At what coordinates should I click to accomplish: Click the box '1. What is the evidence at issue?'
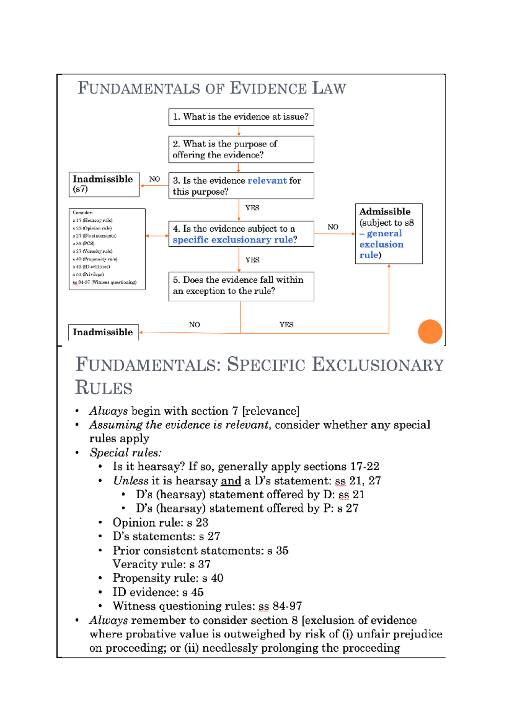tap(241, 117)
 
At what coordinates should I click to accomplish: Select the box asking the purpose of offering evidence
tap(241, 149)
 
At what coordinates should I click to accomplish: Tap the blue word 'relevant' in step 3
tap(267, 181)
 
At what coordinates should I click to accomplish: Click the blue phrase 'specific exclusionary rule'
tap(233, 240)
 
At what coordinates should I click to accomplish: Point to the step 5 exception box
tap(241, 286)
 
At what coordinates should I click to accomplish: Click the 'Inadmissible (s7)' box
tap(104, 184)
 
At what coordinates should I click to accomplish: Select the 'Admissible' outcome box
tap(388, 234)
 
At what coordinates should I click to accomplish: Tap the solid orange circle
tap(430, 331)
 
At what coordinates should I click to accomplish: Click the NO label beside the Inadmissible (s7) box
tap(154, 179)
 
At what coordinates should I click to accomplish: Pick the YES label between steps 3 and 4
tap(252, 208)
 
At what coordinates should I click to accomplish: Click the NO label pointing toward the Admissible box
tap(333, 227)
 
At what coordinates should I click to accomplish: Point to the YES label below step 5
tap(286, 324)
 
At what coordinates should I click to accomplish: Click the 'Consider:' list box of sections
tap(107, 249)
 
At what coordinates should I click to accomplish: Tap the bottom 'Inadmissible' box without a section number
tap(103, 332)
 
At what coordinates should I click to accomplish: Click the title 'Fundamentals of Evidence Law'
tap(212, 88)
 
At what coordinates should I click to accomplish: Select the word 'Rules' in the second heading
tap(104, 388)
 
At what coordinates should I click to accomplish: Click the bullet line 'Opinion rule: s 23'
tap(160, 523)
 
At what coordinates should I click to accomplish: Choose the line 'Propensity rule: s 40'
tap(168, 578)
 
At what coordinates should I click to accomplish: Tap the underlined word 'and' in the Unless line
tap(231, 481)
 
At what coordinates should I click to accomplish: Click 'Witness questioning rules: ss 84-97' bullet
tap(207, 606)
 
